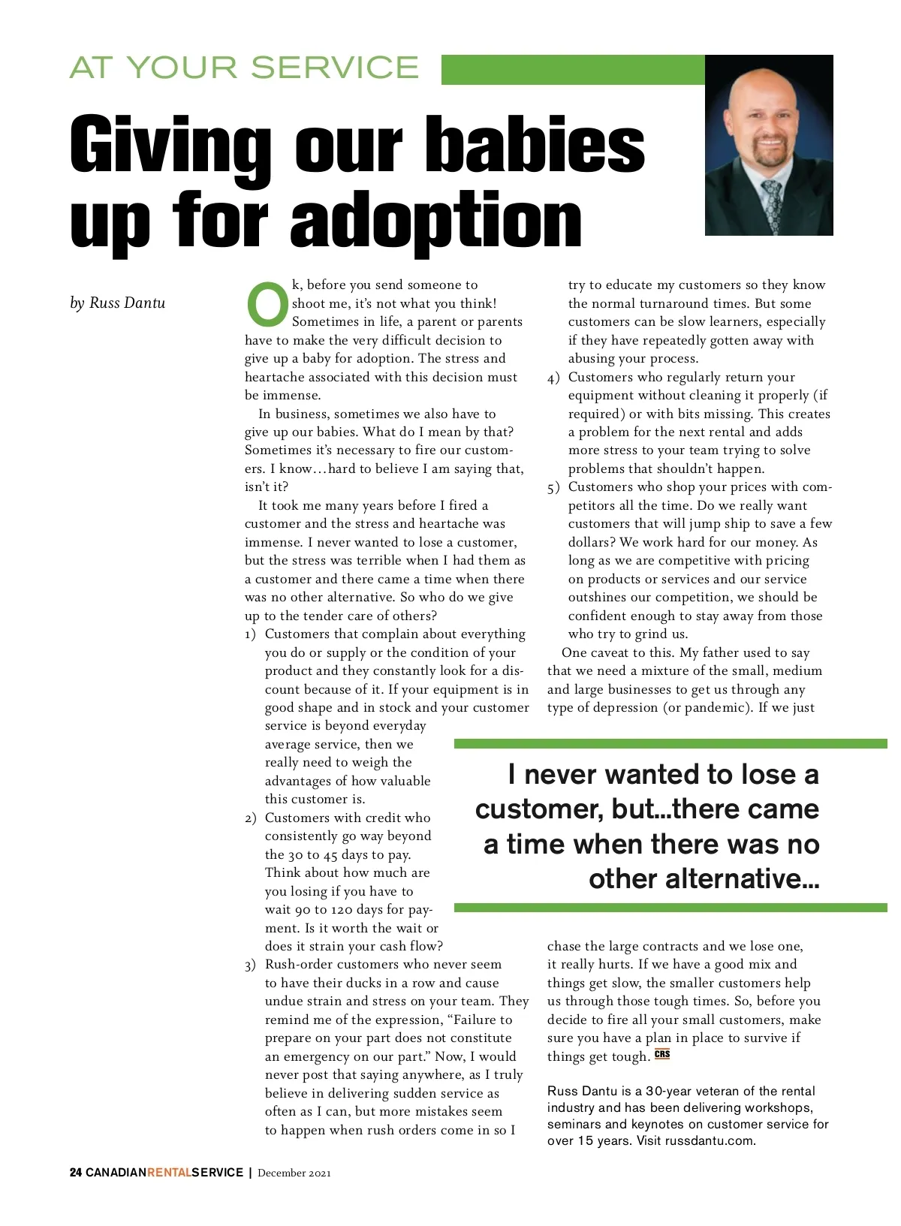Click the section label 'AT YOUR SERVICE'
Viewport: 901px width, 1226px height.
click(x=244, y=68)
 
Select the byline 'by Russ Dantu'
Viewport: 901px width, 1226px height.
click(x=117, y=303)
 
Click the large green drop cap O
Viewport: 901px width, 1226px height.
click(x=267, y=304)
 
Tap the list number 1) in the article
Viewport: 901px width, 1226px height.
click(x=251, y=635)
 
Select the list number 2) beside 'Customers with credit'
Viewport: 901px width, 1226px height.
click(x=251, y=818)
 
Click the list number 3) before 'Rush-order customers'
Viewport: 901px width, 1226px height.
click(x=251, y=965)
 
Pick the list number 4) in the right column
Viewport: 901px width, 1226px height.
click(x=553, y=378)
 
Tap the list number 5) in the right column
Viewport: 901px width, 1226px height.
click(x=553, y=488)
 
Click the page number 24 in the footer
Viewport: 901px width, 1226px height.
click(x=76, y=1173)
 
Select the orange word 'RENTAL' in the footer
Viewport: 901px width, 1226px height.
click(x=169, y=1173)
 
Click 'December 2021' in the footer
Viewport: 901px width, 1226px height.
click(x=294, y=1173)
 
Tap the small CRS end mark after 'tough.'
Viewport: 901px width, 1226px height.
click(x=662, y=1054)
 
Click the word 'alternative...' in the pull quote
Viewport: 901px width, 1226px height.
click(x=704, y=878)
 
